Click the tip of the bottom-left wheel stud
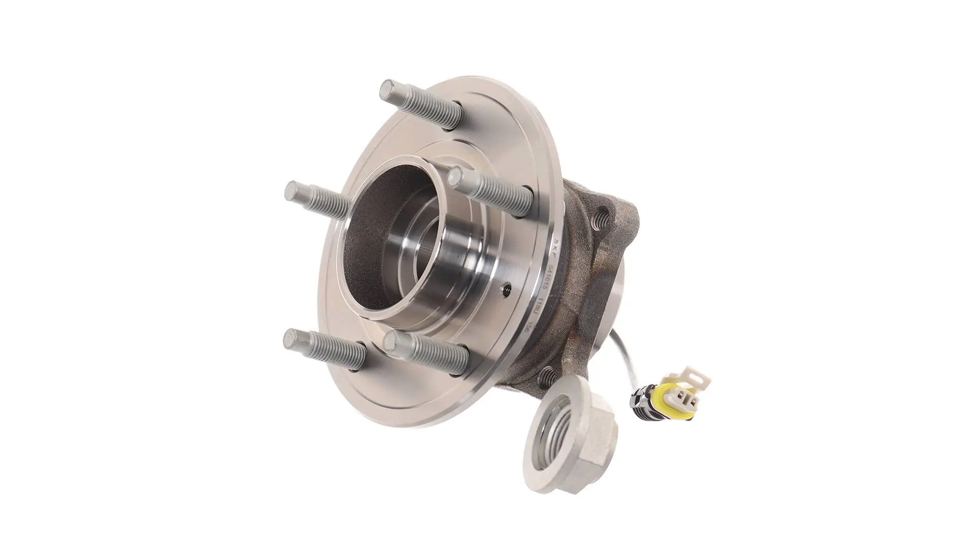[293, 338]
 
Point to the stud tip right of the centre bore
[457, 177]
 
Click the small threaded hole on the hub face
[505, 291]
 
